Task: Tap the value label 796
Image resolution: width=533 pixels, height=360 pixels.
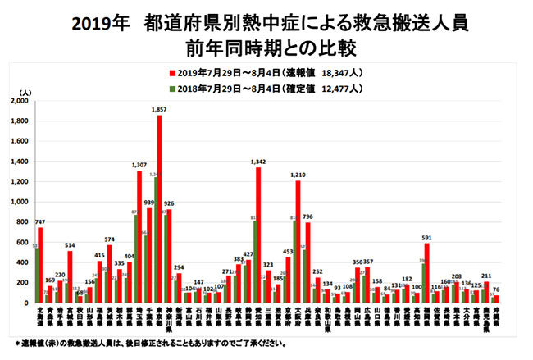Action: [x=307, y=216]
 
